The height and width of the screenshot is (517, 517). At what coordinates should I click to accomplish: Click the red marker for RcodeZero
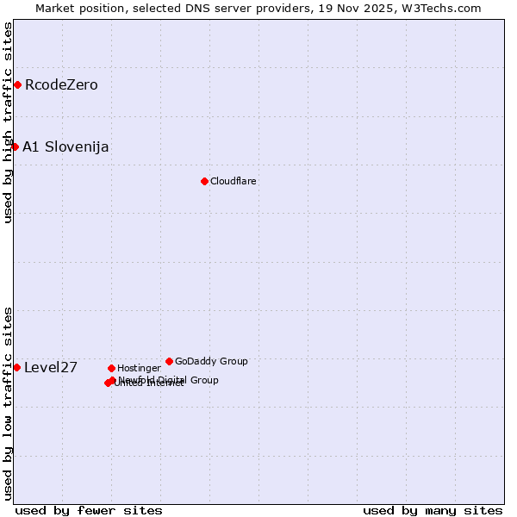(x=17, y=84)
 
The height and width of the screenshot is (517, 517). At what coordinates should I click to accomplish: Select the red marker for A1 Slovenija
(x=15, y=146)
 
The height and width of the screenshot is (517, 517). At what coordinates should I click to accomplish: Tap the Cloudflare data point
(x=204, y=181)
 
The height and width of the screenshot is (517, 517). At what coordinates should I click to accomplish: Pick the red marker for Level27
(x=16, y=367)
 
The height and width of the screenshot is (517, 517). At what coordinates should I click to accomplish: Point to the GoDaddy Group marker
(x=169, y=361)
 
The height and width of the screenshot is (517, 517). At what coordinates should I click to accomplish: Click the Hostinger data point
(x=111, y=368)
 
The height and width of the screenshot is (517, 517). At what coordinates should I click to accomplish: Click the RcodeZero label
(x=61, y=84)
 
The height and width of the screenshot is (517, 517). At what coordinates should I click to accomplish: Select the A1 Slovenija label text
(x=65, y=146)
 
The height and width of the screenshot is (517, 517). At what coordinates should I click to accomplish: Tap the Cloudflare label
(x=234, y=181)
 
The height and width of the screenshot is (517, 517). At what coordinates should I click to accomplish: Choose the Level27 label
(x=51, y=367)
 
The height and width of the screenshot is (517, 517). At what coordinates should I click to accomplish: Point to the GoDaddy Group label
(x=211, y=361)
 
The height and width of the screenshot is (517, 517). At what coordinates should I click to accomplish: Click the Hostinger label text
(x=139, y=368)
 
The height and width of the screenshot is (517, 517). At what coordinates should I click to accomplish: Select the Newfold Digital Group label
(x=168, y=379)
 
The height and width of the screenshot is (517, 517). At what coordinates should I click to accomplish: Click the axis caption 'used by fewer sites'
(x=89, y=510)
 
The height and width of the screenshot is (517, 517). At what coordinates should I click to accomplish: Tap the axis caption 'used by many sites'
(x=433, y=510)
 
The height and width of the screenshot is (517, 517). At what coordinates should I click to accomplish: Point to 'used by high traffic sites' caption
(x=8, y=123)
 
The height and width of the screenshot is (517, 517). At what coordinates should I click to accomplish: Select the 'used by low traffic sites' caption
(x=8, y=402)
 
